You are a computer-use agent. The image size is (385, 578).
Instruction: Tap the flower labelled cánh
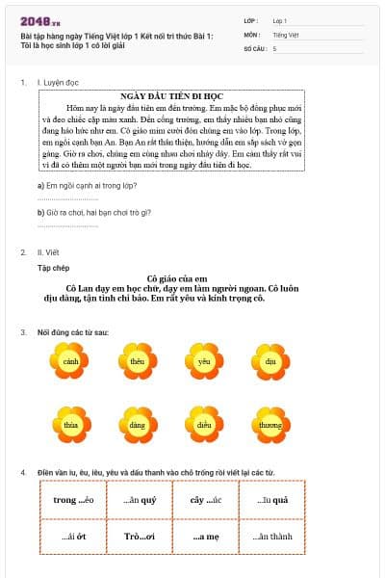(x=69, y=361)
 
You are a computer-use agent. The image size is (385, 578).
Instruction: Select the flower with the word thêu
(x=137, y=361)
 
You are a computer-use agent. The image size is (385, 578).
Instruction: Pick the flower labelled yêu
(x=203, y=361)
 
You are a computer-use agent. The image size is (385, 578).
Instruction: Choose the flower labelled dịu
(x=270, y=361)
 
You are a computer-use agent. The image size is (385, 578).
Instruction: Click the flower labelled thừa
(x=69, y=424)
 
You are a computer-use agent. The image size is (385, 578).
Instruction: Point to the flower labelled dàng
(x=137, y=424)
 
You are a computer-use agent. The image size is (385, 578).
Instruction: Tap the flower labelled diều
(x=203, y=424)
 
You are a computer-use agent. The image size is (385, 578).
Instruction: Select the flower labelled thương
(x=270, y=424)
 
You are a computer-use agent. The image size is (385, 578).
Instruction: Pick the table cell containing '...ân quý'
(x=141, y=500)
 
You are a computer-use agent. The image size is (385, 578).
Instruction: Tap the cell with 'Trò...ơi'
(x=141, y=537)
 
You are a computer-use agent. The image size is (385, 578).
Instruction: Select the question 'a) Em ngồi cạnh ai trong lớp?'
(x=87, y=185)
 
